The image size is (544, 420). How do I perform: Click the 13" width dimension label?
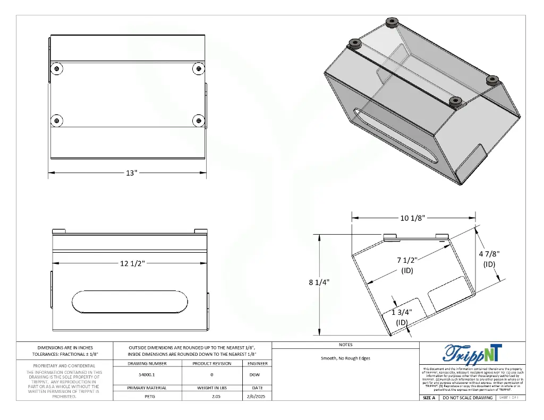click(131, 173)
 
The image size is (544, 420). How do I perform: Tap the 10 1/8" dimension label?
click(412, 218)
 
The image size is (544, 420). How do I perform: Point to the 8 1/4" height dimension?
click(319, 282)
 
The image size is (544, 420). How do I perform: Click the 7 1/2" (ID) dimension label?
click(407, 265)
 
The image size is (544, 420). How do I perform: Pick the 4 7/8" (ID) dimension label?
click(489, 259)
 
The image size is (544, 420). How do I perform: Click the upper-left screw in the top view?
click(57, 68)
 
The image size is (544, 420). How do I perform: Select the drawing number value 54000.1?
click(148, 375)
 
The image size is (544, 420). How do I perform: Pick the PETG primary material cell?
click(148, 397)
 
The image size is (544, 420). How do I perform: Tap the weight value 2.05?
click(211, 397)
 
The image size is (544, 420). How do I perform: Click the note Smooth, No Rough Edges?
click(345, 358)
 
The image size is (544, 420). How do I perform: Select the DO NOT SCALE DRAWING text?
click(467, 398)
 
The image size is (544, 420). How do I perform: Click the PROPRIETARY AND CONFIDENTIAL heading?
click(64, 365)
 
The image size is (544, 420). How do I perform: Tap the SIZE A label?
click(429, 398)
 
